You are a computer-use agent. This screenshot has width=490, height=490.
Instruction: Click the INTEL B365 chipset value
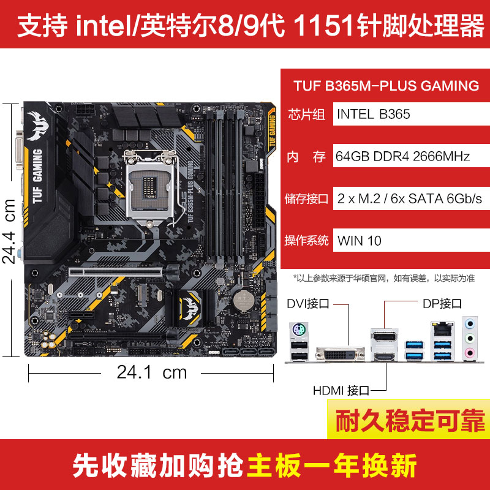373,114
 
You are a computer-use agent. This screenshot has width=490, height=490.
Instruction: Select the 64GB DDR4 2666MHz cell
402,157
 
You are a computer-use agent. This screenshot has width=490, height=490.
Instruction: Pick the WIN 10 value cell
360,240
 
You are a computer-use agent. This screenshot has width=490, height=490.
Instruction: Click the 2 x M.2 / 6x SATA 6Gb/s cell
409,198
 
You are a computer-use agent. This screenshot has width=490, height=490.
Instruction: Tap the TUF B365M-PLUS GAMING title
386,86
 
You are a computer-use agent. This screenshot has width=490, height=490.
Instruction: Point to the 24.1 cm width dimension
152,372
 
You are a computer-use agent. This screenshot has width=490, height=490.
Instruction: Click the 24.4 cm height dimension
10,230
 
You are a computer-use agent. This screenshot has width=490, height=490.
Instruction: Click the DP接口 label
442,303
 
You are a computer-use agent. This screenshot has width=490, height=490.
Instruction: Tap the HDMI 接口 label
341,390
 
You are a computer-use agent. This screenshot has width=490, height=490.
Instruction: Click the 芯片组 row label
307,115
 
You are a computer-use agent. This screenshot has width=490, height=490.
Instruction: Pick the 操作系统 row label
307,240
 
